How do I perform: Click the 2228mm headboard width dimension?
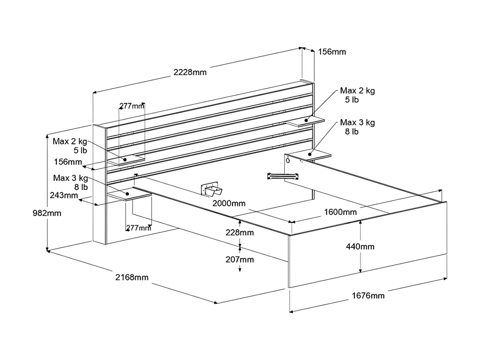point(190,73)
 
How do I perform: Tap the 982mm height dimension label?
point(47,213)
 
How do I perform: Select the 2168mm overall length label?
point(132,277)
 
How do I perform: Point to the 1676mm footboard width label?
point(368,296)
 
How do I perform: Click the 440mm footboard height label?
point(360,247)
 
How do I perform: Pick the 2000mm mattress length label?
point(229,204)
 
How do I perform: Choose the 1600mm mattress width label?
point(341,212)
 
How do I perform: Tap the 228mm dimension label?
point(240,232)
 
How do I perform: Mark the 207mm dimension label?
point(240,260)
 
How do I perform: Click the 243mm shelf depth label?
point(64,195)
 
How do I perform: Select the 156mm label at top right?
point(332,52)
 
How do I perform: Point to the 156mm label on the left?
point(68,162)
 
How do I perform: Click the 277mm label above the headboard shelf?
point(132,106)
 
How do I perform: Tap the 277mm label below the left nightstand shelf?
point(139,228)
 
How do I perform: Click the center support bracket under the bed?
point(212,189)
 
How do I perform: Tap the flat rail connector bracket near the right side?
point(283,176)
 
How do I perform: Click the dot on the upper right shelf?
point(306,121)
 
